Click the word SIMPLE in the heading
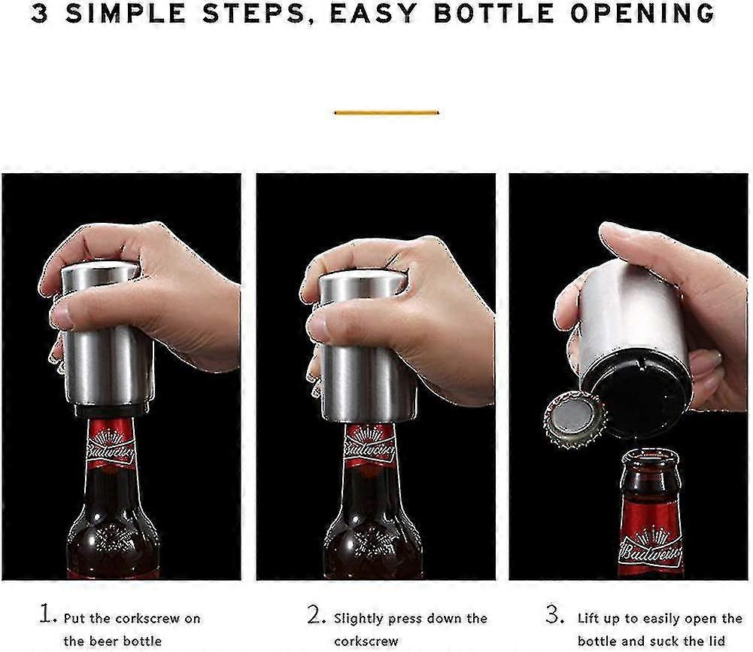[126, 14]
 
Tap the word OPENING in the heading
[643, 14]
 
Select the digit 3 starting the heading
[40, 14]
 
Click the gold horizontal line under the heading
[387, 113]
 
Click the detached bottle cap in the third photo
[575, 419]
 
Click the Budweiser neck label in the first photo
[110, 444]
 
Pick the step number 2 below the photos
[316, 614]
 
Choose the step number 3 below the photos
[554, 614]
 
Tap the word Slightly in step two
[359, 619]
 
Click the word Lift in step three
[588, 618]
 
